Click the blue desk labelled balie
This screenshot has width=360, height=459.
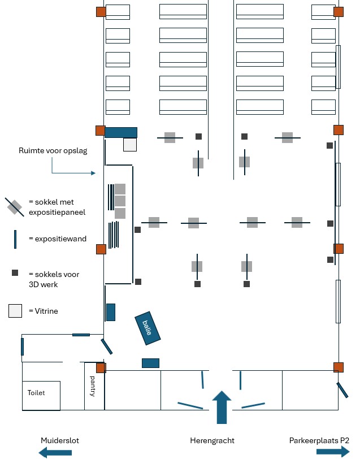tap(148, 327)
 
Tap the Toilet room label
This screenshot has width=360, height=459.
tap(36, 392)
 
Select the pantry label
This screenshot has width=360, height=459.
tap(93, 387)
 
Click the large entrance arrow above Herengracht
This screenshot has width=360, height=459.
tap(222, 407)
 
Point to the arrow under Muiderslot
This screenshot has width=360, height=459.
tap(55, 452)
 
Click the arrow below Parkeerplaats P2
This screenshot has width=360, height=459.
tap(333, 451)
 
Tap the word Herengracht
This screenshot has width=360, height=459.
tap(212, 440)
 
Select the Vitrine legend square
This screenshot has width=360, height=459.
tap(15, 311)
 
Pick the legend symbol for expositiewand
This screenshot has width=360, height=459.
tap(15, 239)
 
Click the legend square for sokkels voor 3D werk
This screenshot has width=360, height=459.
tap(15, 273)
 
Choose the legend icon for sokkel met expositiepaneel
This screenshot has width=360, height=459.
tap(15, 207)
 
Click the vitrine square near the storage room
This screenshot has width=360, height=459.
tap(130, 145)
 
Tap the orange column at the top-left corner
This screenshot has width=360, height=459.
tap(101, 12)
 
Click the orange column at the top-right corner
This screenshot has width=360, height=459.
tap(339, 12)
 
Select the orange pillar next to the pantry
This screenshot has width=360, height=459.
tap(101, 368)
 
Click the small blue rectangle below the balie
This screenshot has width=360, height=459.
tap(150, 363)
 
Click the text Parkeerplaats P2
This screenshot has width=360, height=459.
tap(319, 440)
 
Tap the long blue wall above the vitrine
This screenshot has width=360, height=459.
tap(121, 132)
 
